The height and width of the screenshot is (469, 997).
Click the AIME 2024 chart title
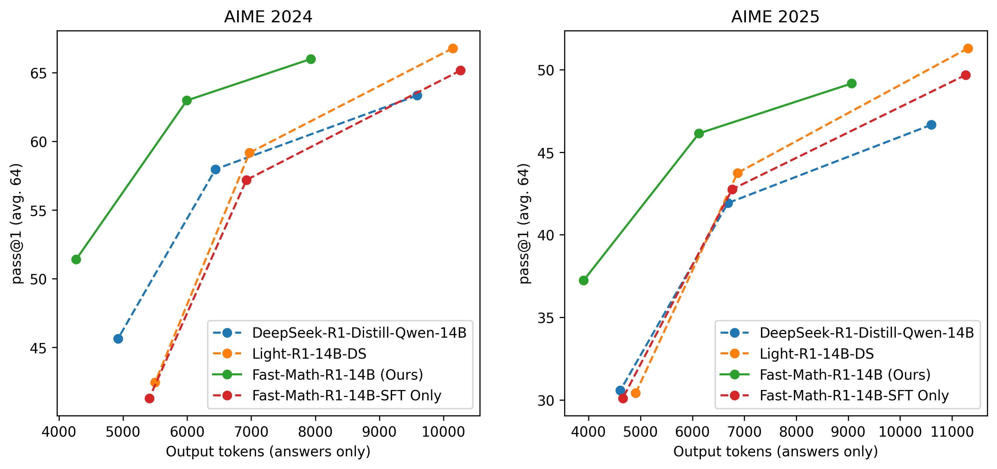268,17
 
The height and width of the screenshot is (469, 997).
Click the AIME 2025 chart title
775,17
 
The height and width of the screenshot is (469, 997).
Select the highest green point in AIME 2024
310,59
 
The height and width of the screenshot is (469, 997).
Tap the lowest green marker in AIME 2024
76,259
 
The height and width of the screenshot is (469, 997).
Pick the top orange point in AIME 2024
453,48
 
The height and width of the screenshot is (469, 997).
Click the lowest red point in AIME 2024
149,398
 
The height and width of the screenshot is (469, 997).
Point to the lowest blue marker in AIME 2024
118,339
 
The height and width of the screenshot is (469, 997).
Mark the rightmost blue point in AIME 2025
932,125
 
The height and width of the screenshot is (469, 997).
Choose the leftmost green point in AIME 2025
584,280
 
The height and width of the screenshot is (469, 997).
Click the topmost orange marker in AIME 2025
968,48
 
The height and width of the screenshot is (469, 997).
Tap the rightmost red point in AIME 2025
966,75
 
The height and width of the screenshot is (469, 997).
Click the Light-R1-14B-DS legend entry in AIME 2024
309,354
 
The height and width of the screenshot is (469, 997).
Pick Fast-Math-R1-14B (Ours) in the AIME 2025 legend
845,375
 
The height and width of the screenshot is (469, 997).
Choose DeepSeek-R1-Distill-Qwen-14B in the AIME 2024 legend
359,333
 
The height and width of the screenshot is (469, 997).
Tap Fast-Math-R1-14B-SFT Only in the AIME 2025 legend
854,395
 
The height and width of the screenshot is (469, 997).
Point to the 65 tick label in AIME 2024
39,73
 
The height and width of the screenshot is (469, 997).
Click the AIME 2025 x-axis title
775,452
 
